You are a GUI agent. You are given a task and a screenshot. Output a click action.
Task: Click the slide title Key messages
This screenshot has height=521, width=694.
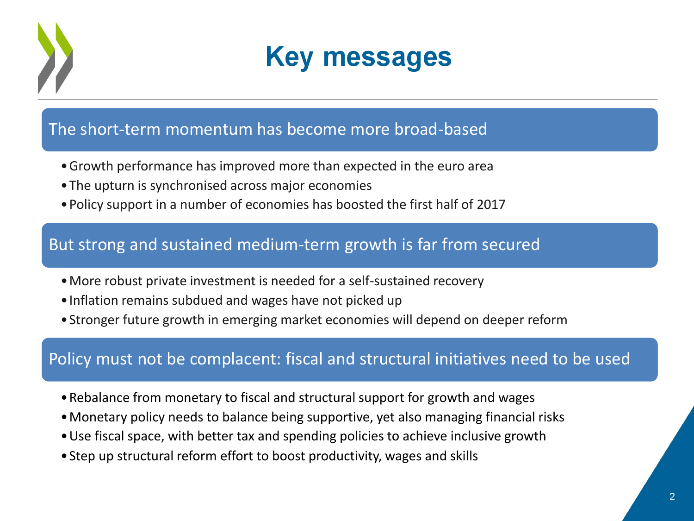tap(359, 57)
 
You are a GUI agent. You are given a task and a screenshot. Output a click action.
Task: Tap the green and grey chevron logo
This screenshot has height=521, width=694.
tap(56, 58)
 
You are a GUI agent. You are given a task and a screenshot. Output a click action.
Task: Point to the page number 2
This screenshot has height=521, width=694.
tap(672, 496)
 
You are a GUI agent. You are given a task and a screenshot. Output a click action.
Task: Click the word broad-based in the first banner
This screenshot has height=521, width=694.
tap(440, 129)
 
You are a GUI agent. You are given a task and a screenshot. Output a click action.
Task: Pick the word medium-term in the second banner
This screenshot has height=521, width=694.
tap(288, 245)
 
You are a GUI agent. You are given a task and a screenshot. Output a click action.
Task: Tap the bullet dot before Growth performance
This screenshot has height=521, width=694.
tap(64, 166)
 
